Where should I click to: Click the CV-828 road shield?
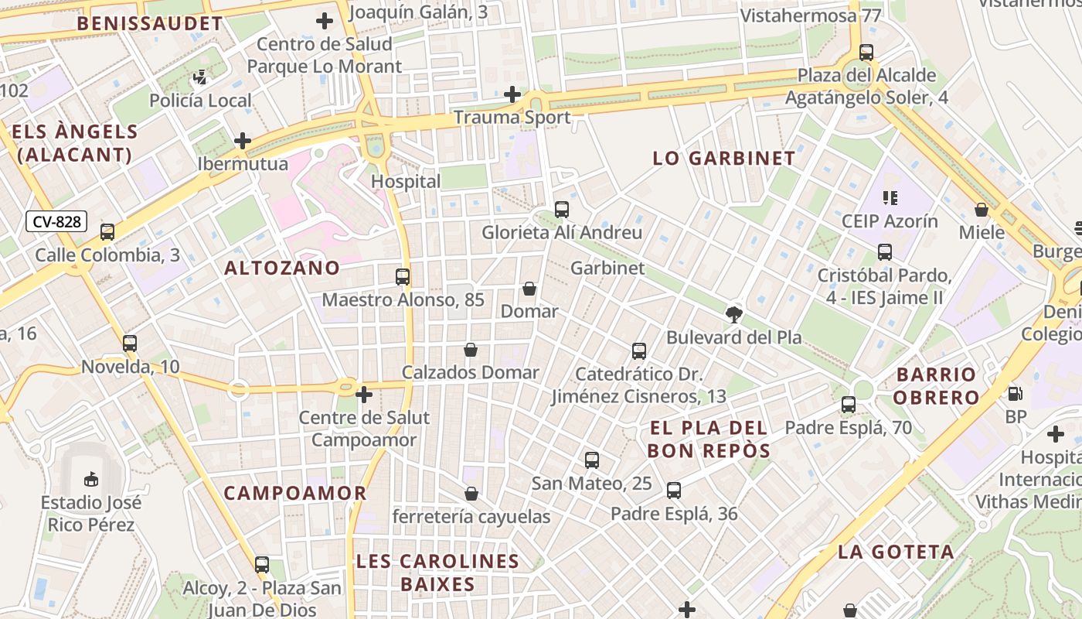[57, 222]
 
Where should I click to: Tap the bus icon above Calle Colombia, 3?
[107, 231]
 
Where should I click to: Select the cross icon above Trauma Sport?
[512, 94]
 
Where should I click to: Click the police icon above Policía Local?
[200, 77]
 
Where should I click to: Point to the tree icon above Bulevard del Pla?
[733, 314]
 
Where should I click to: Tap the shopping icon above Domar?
[529, 289]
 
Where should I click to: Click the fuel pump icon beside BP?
[1015, 393]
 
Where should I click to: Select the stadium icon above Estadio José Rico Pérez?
[91, 479]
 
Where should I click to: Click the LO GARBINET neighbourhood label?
[723, 159]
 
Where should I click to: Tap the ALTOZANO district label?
[282, 268]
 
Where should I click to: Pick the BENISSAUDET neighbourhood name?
[150, 23]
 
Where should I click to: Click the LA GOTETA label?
[896, 552]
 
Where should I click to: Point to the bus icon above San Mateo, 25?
[591, 460]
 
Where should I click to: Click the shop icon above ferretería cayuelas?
[471, 494]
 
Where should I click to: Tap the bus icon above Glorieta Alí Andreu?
[562, 209]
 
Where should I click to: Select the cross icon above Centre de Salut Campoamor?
[363, 395]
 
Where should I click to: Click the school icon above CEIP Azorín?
[890, 197]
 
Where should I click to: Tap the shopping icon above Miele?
[982, 210]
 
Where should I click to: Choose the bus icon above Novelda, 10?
[130, 343]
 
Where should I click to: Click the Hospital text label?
[406, 181]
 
